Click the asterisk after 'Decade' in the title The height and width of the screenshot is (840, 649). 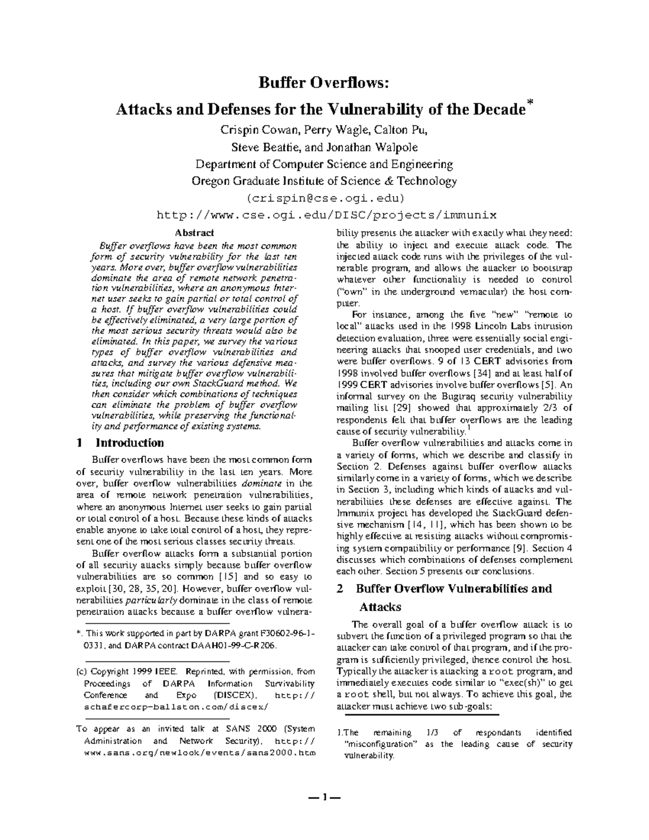point(530,102)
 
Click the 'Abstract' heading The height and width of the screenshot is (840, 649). point(194,233)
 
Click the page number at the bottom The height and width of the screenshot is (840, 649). point(324,797)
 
